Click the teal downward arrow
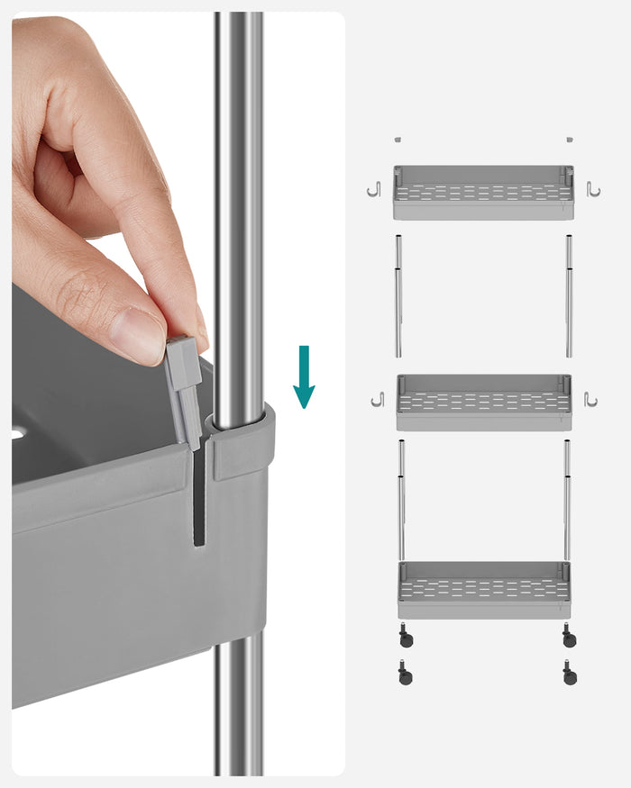(x=304, y=376)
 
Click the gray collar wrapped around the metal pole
(x=242, y=441)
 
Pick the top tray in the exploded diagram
(x=483, y=192)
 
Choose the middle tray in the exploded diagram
(x=484, y=402)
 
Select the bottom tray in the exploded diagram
(x=484, y=590)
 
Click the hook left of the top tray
(x=374, y=190)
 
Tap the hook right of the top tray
(x=593, y=189)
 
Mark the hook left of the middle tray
(x=377, y=399)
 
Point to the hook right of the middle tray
(x=590, y=399)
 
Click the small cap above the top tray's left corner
(x=398, y=140)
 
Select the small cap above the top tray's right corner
(x=570, y=140)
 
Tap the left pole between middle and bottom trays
(x=401, y=500)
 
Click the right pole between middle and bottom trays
(x=567, y=500)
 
